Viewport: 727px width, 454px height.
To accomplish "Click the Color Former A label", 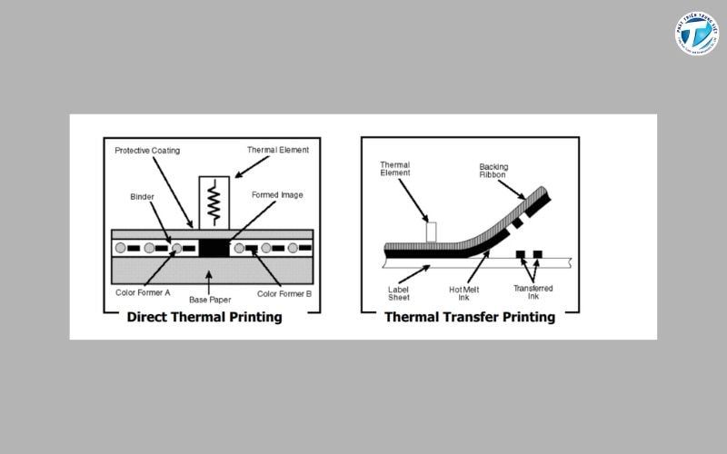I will [143, 292].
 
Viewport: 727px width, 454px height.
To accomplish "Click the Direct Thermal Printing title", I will [204, 317].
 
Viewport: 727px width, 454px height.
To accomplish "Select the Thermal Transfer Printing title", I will [470, 317].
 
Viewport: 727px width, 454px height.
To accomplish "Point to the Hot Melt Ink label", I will [465, 293].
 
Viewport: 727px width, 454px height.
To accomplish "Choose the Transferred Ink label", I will [533, 292].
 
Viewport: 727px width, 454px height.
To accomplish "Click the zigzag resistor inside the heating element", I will [216, 202].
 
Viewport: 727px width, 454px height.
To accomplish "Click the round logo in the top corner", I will [696, 34].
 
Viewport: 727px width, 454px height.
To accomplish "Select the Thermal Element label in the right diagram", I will [395, 168].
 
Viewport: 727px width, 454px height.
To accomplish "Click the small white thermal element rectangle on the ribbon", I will [431, 232].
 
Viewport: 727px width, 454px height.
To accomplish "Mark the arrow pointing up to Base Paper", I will [210, 281].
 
